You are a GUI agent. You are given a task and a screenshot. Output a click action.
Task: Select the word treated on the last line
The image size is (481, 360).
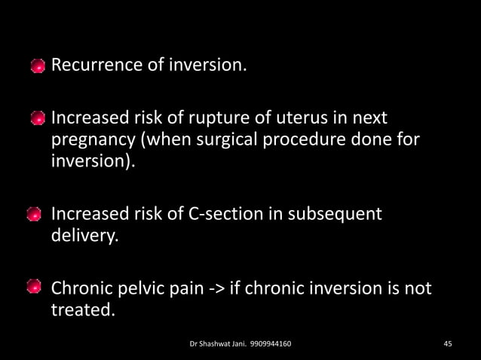pyautogui.click(x=82, y=311)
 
